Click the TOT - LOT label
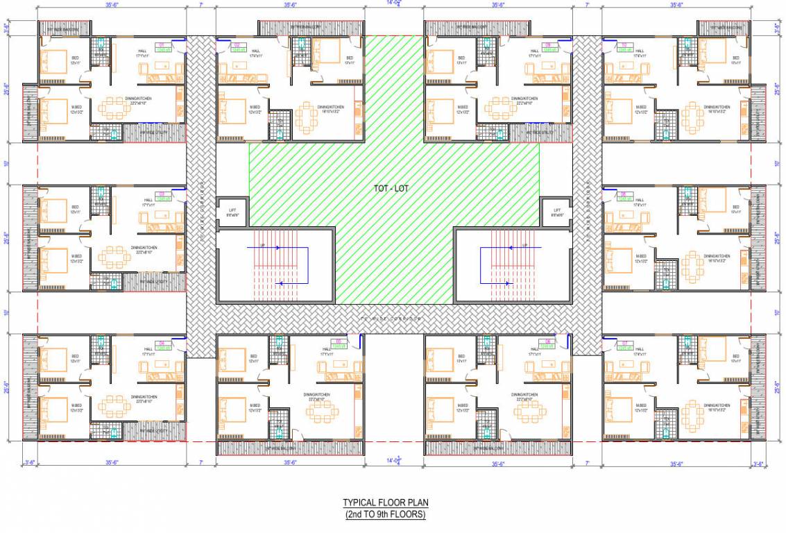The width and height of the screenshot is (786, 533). pos(393,188)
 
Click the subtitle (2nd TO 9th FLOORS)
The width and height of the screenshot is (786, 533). pos(385,514)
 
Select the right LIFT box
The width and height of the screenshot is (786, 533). pos(556,211)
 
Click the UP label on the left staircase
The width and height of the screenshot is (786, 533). pos(262,244)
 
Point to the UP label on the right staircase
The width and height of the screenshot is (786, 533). pos(524,244)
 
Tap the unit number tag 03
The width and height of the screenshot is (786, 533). pos(164,194)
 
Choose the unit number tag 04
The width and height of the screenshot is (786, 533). pos(164,344)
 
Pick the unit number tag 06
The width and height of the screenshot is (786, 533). pos(547,344)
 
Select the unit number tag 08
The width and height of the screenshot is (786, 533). pos(623,194)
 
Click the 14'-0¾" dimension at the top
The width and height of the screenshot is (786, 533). pos(394,3)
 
